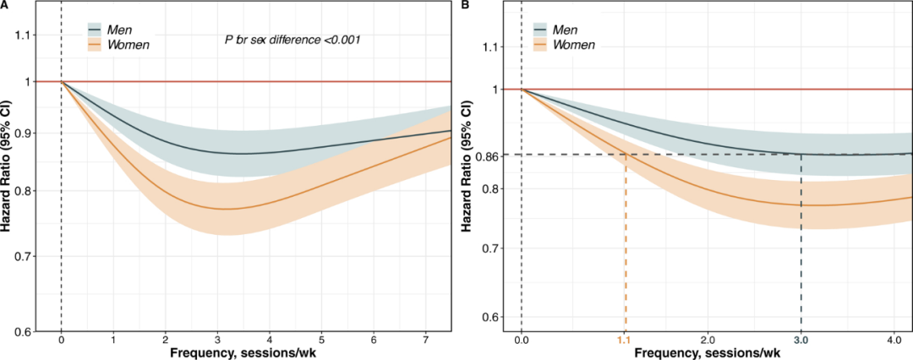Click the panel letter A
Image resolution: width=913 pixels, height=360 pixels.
point(6,6)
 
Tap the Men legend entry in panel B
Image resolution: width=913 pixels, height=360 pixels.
point(571,30)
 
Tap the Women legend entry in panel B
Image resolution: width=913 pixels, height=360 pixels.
point(577,44)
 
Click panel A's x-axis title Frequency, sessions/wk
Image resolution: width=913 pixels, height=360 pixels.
point(239,352)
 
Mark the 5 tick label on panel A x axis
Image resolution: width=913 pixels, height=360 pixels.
point(321,338)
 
